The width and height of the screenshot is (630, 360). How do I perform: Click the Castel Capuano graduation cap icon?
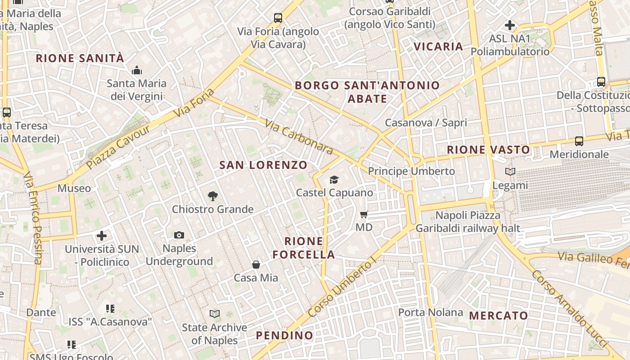(x=334, y=180)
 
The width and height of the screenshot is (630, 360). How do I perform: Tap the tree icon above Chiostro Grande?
(x=213, y=196)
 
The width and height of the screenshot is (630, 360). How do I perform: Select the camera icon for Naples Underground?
(x=179, y=235)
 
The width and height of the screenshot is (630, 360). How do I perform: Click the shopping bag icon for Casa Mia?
(x=256, y=265)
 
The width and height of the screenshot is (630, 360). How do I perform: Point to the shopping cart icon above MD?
(x=364, y=214)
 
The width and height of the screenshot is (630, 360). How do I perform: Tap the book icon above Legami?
(x=510, y=172)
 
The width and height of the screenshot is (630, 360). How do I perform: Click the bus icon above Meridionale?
(x=579, y=141)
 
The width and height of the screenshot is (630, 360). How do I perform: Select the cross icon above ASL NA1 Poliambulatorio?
(x=510, y=25)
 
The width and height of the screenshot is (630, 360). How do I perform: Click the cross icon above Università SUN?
(x=102, y=235)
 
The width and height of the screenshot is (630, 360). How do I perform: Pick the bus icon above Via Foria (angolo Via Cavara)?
(x=278, y=18)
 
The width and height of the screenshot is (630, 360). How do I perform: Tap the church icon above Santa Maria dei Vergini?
(x=136, y=70)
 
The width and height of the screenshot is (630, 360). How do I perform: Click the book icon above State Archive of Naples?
(x=215, y=314)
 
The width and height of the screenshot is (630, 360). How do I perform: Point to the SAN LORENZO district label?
(x=263, y=165)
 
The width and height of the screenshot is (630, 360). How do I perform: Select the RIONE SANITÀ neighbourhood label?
(x=80, y=58)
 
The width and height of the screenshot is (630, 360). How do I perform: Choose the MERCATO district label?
(x=499, y=315)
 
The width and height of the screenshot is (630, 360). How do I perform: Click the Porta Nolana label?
(x=431, y=312)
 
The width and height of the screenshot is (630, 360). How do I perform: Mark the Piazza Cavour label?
(x=118, y=147)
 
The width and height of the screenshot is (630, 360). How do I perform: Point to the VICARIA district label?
(x=438, y=46)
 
